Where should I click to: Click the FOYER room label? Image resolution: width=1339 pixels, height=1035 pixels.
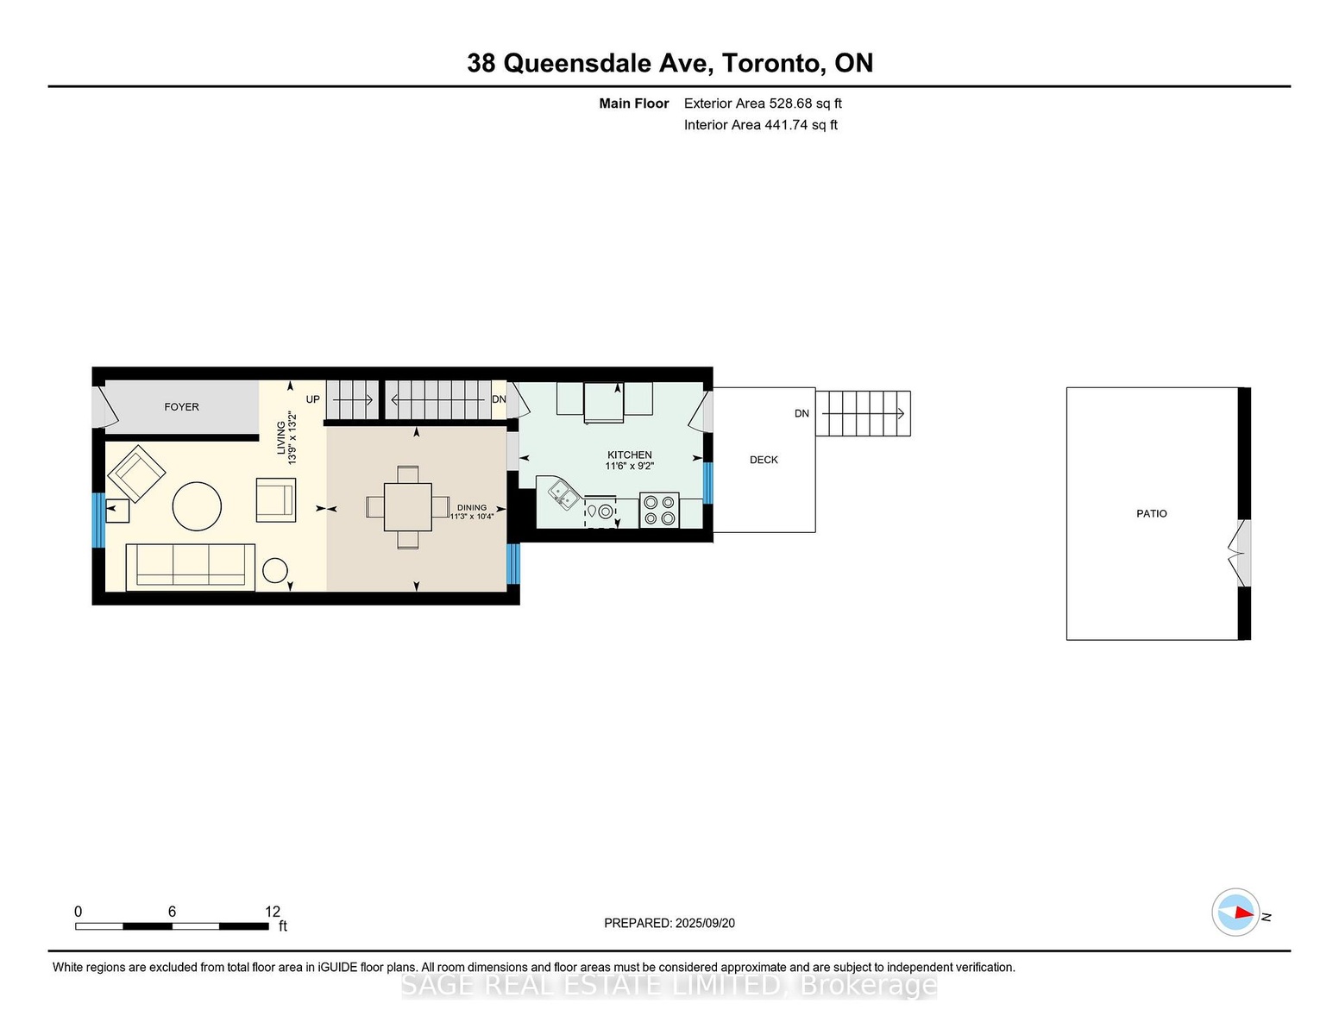click(181, 407)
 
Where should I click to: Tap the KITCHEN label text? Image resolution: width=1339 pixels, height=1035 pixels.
click(629, 455)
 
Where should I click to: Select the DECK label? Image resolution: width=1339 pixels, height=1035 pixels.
click(764, 460)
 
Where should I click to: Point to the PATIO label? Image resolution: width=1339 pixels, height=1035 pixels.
click(1151, 513)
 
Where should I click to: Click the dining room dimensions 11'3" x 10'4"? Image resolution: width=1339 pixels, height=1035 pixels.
click(472, 517)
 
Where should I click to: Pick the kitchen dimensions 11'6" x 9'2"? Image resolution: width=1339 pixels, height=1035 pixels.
click(629, 466)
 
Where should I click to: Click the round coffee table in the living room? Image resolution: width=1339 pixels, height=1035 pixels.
click(197, 506)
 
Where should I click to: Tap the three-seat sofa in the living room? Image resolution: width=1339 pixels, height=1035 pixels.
click(191, 567)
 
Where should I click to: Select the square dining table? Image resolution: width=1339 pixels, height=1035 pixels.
click(407, 507)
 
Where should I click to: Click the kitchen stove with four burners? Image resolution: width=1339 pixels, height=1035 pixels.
click(659, 511)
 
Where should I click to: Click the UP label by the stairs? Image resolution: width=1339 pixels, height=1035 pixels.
click(313, 399)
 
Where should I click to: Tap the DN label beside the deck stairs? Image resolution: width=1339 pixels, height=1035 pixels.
click(802, 414)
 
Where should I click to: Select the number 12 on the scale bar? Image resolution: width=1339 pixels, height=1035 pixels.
click(273, 912)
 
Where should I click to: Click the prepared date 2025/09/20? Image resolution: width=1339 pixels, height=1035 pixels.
click(705, 923)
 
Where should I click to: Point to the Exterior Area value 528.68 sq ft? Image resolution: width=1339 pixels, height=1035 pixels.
click(804, 103)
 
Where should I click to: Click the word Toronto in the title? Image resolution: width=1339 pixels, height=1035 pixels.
click(773, 63)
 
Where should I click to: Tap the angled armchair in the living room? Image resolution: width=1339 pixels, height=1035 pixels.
click(136, 474)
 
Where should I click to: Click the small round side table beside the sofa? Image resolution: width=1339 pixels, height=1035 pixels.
click(275, 570)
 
